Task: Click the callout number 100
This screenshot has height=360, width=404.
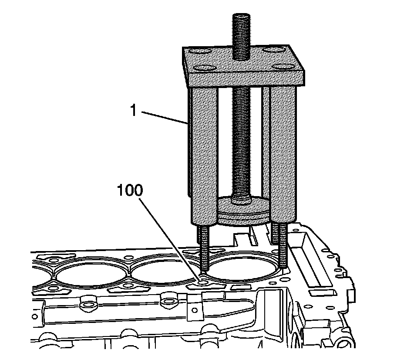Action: pos(129,190)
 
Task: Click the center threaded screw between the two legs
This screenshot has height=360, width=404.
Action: pos(242,139)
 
